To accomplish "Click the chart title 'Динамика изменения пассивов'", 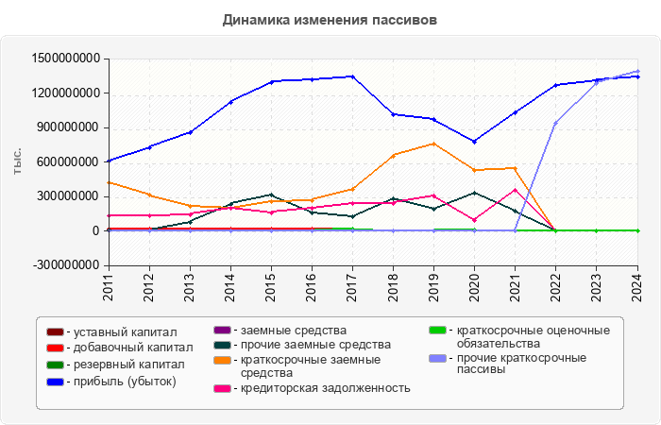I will coord(330,19).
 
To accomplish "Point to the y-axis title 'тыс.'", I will coord(17,161).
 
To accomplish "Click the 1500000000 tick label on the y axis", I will coord(66,59).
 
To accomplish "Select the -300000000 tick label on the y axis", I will coord(66,265).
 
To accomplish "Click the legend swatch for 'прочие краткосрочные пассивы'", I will coord(436,359).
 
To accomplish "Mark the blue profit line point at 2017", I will coord(353,76).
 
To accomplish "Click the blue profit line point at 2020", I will coord(475,141).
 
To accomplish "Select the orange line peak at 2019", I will coord(434,144).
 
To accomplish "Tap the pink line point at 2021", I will coord(516,189).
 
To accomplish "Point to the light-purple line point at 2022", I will coord(556,123).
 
